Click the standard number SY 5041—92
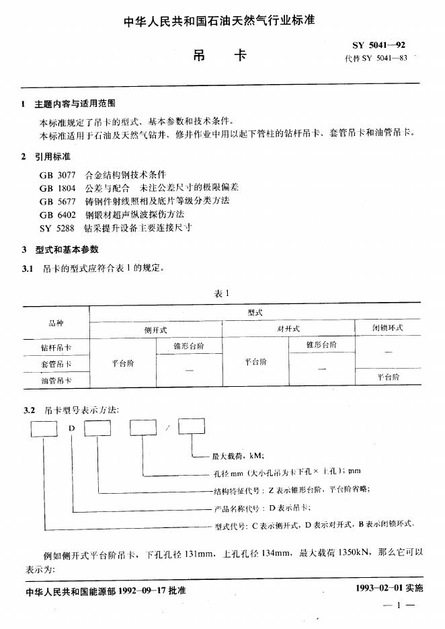379,46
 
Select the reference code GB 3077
57,174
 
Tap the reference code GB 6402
57,215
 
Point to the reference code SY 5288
57,227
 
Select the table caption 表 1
222,293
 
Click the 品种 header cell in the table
56,323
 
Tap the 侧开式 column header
155,330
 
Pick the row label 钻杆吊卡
56,348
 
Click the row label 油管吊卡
56,381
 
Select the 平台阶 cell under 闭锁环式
387,377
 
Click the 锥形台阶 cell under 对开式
321,345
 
